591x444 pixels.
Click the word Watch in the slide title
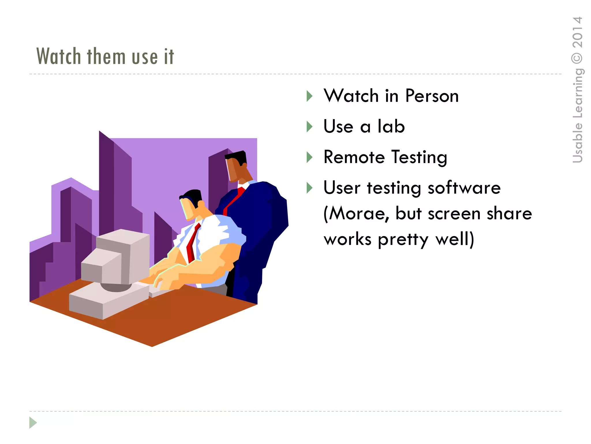59,56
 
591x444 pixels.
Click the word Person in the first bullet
432,96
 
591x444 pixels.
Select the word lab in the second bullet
391,127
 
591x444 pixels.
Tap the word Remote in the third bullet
354,157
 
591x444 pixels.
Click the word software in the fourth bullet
464,188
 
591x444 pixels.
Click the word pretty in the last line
403,240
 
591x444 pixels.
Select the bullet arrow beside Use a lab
309,127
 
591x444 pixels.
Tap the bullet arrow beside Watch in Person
309,96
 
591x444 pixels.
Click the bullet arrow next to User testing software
309,188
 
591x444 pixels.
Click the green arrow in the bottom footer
33,423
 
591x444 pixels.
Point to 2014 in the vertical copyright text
577,32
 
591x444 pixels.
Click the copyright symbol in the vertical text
577,58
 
